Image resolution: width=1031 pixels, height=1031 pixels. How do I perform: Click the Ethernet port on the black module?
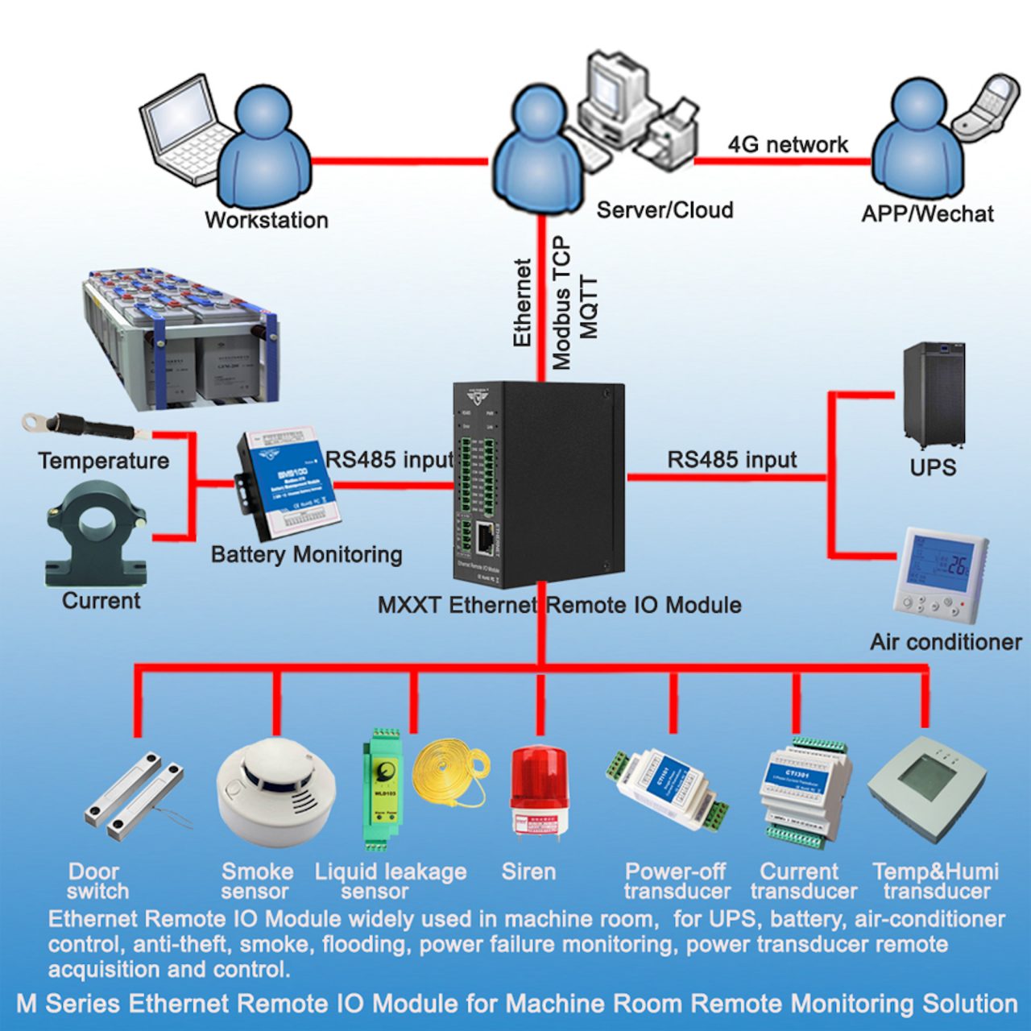tap(485, 537)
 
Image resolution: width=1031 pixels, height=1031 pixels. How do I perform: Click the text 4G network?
tap(788, 145)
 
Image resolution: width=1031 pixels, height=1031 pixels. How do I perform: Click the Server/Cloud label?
tap(665, 210)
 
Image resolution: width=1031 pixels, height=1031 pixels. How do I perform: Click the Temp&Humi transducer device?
tap(926, 785)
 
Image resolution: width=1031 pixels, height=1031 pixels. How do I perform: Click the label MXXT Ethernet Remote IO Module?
tap(559, 605)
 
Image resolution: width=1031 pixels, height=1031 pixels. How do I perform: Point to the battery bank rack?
tap(181, 338)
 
